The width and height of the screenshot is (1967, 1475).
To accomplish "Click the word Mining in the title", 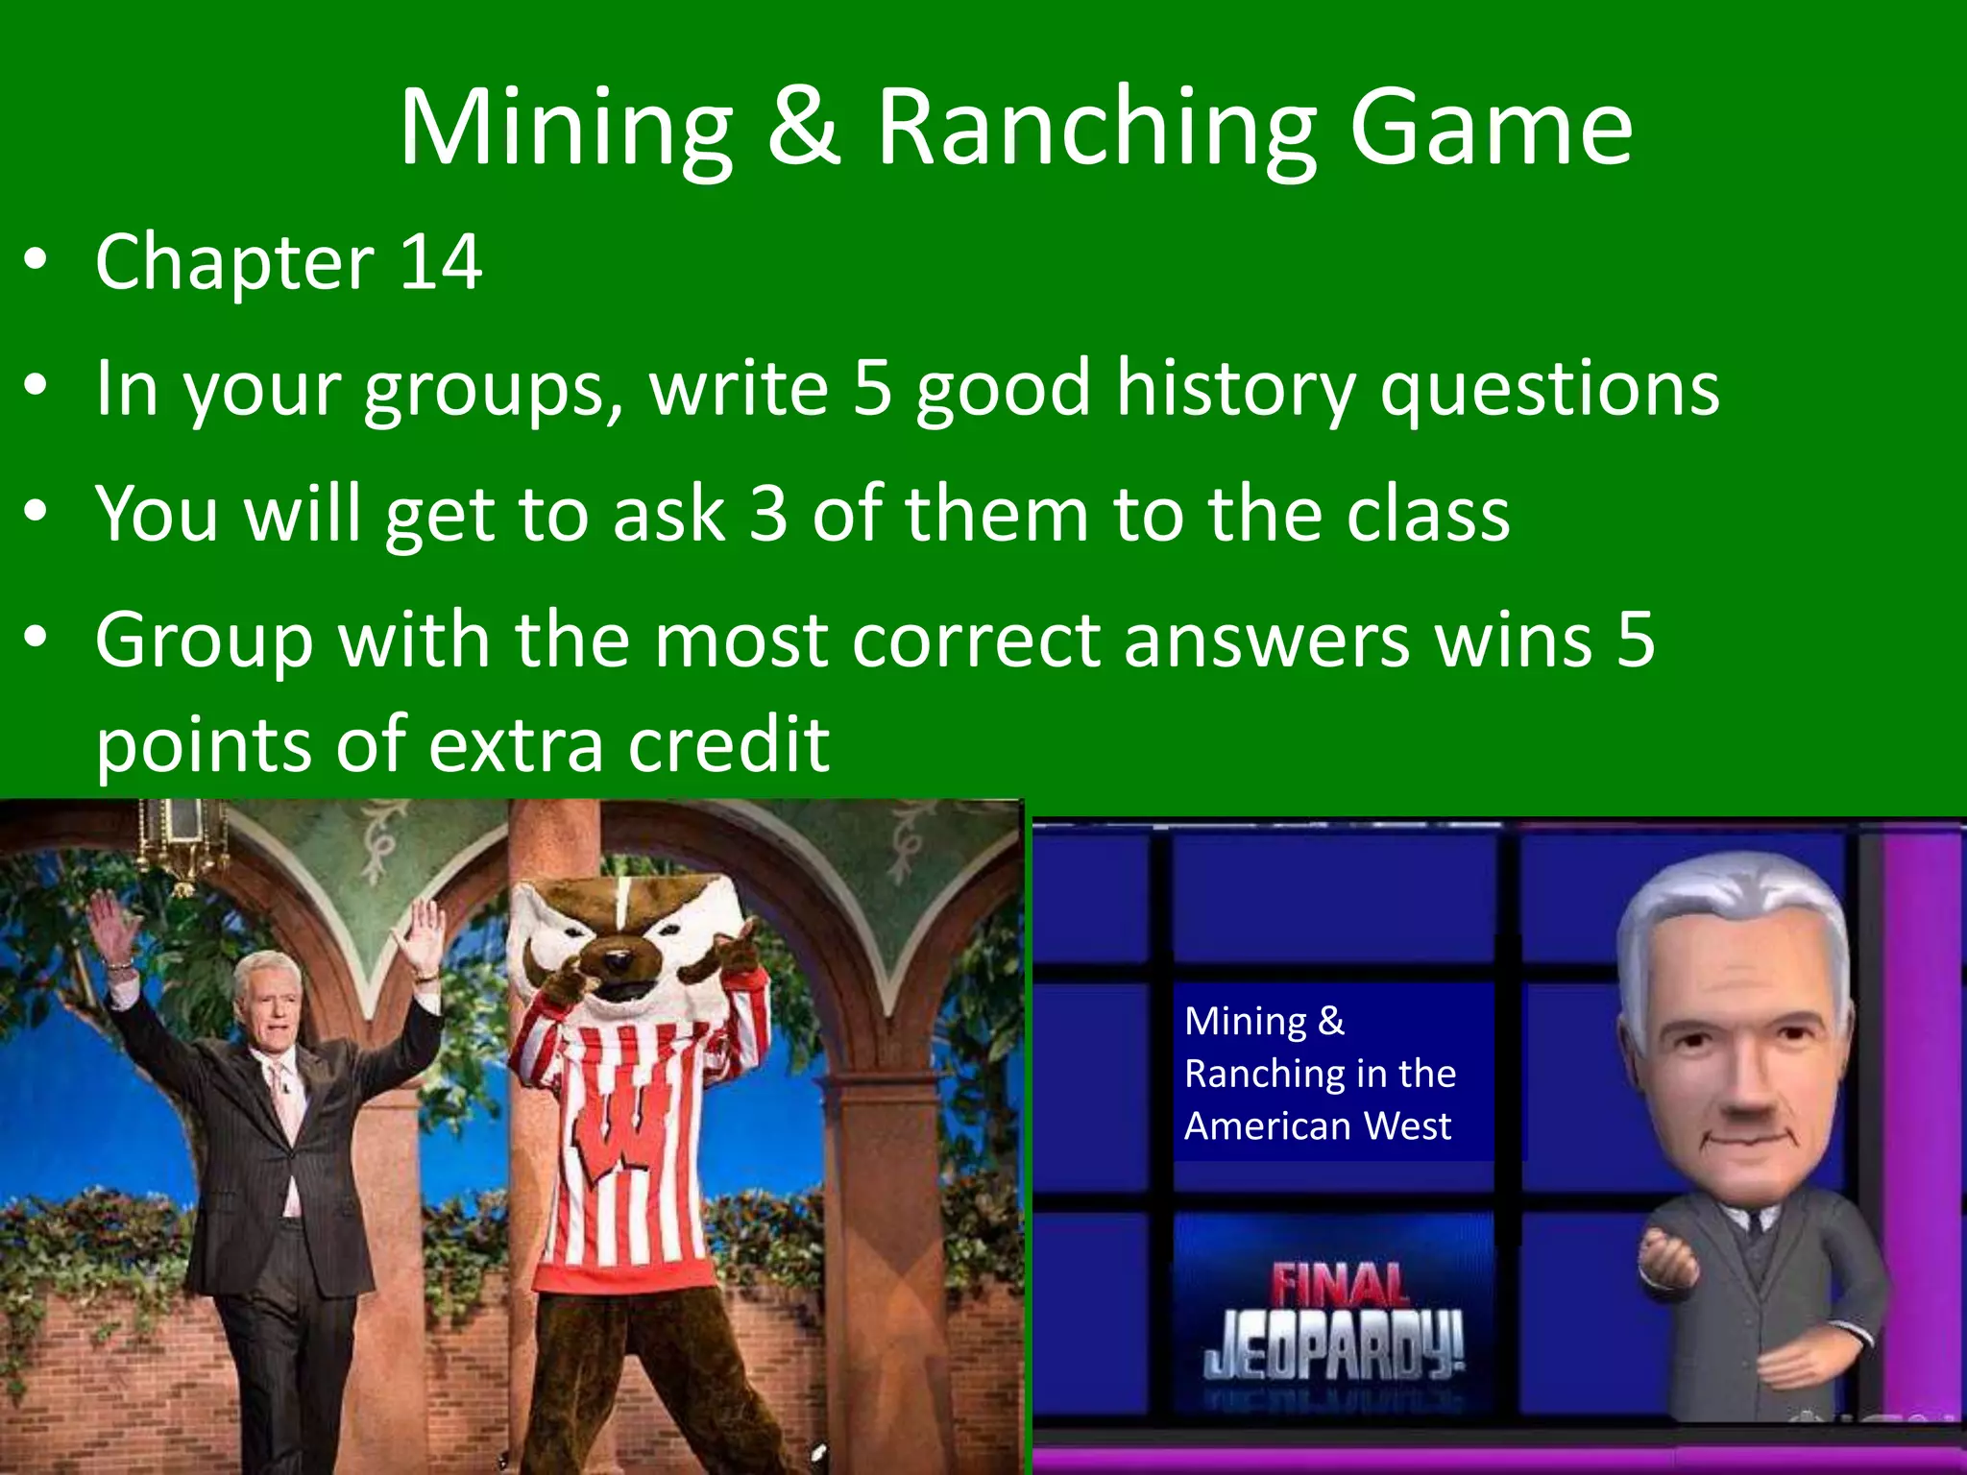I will point(567,130).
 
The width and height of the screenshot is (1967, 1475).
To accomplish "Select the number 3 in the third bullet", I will point(767,514).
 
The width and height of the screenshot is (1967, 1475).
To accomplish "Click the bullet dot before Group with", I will point(36,638).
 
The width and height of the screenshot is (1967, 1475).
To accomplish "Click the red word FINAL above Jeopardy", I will point(1339,1288).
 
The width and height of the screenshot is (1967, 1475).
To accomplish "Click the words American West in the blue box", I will point(1317,1125).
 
